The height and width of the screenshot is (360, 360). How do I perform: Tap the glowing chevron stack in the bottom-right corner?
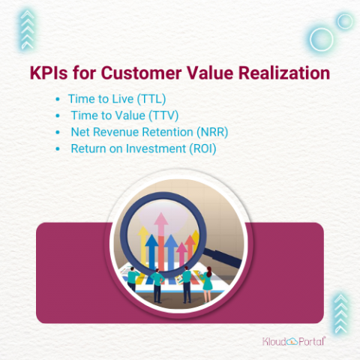pyautogui.click(x=340, y=311)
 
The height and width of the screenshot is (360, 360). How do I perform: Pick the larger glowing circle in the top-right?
pyautogui.click(x=322, y=37)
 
